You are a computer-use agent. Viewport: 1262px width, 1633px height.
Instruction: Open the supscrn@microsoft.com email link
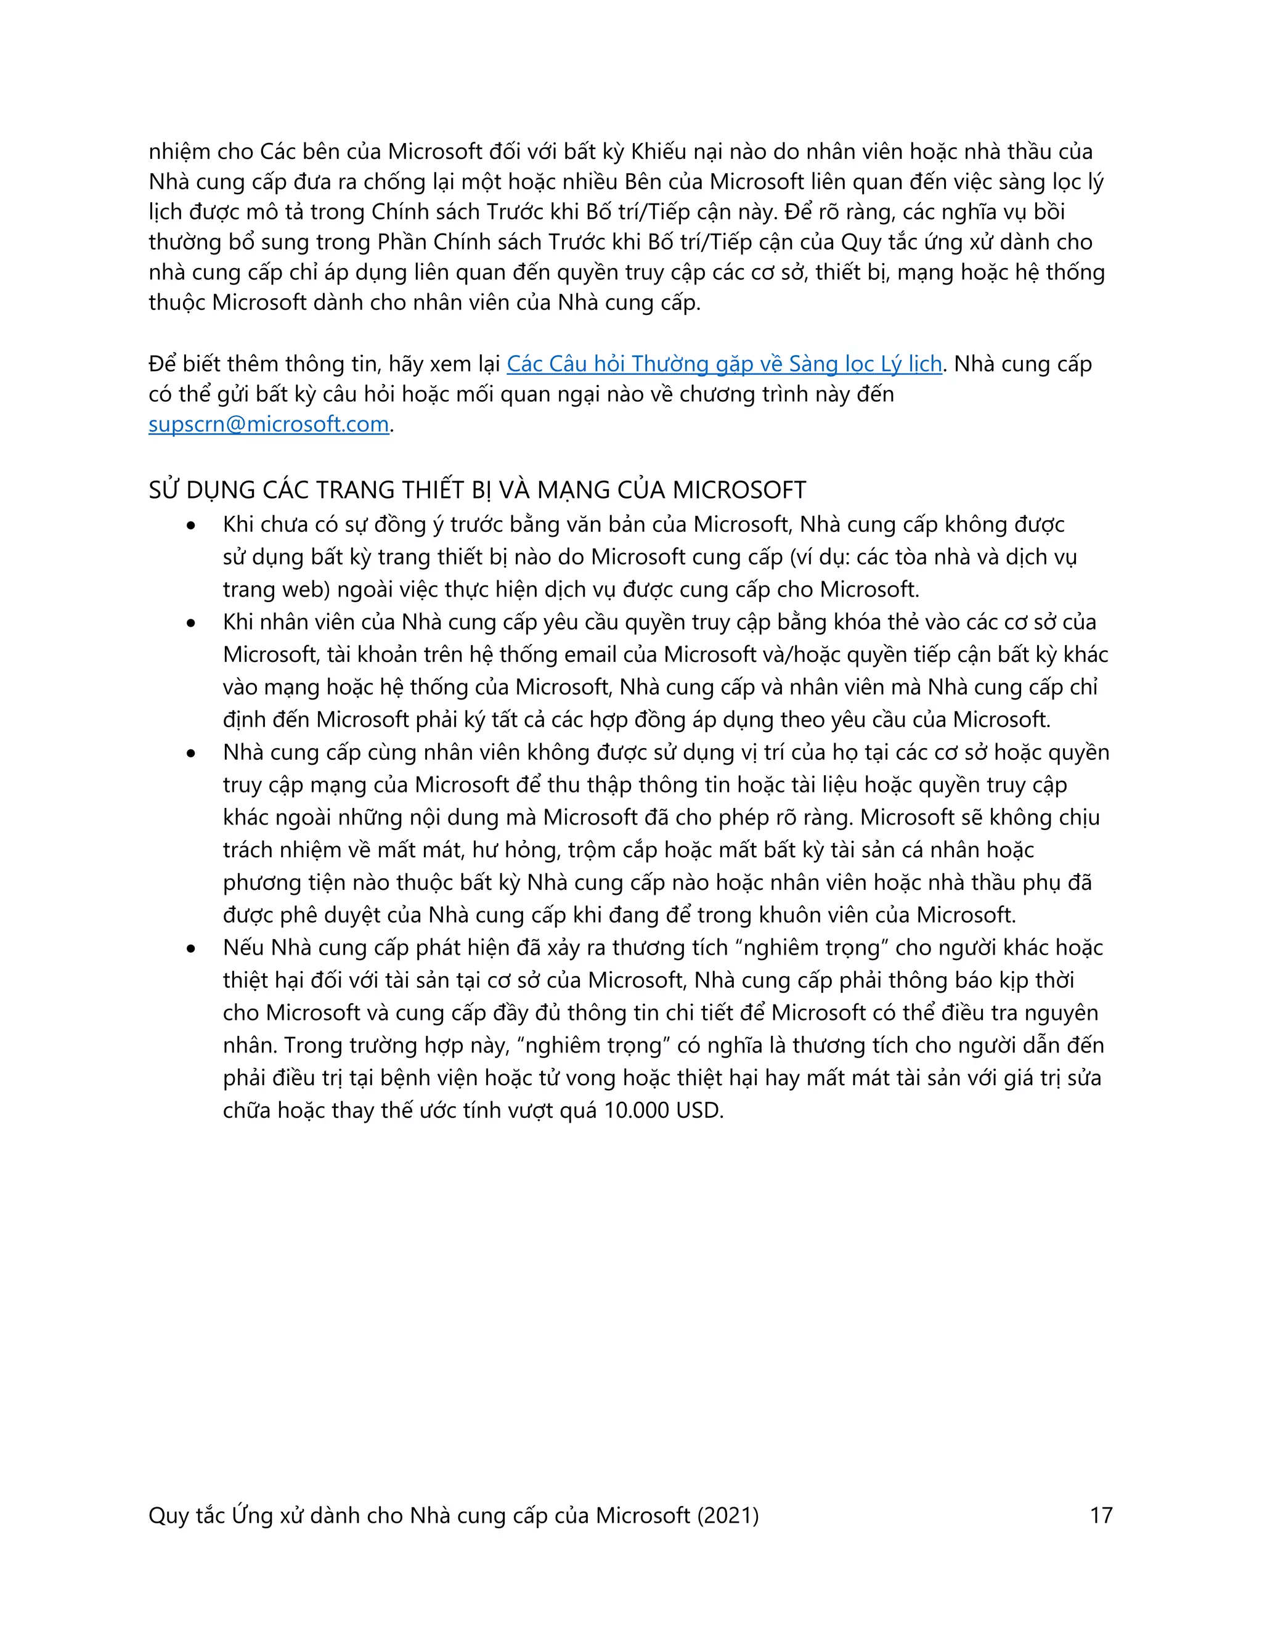coord(269,424)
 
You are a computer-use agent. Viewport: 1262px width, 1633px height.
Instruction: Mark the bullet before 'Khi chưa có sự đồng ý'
coord(192,526)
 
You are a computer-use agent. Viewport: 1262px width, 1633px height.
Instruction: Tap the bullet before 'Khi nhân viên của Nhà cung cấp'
coord(192,623)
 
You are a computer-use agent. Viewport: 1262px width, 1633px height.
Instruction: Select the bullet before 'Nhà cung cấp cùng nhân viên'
coord(192,753)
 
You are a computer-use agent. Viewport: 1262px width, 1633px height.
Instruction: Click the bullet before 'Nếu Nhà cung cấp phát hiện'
coord(192,949)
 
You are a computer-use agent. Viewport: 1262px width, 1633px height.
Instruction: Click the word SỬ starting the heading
coord(164,490)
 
